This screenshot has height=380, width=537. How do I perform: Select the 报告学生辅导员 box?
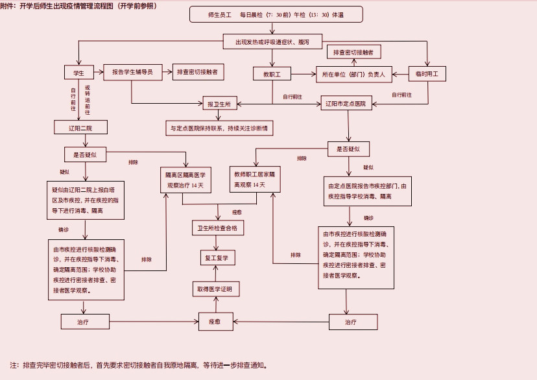(x=132, y=73)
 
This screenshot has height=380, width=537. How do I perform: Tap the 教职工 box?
(x=272, y=73)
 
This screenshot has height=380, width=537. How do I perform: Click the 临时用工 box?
(x=427, y=73)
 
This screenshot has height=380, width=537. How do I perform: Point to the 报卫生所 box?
(x=219, y=104)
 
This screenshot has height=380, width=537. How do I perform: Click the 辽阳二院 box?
(x=80, y=128)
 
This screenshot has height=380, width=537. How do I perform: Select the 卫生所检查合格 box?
(x=217, y=228)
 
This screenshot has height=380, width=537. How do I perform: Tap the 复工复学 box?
(x=217, y=258)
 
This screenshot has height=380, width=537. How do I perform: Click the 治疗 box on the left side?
(x=83, y=322)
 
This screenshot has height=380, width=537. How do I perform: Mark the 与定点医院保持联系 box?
(x=219, y=128)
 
